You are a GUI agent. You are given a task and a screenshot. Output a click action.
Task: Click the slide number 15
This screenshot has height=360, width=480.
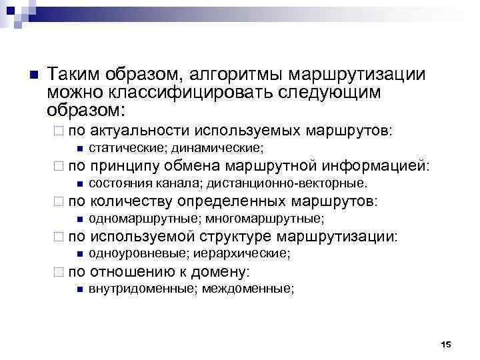pos(446,344)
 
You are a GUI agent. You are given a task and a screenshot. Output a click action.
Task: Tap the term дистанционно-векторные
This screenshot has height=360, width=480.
pos(287,183)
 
